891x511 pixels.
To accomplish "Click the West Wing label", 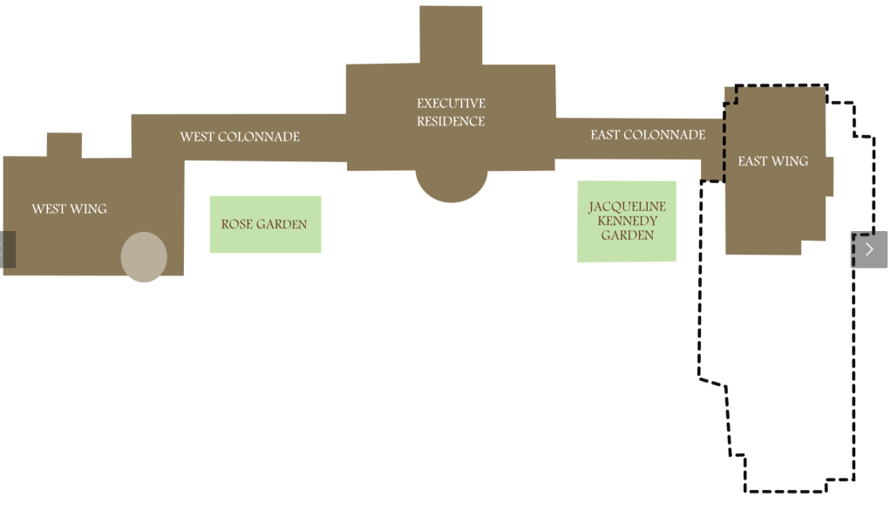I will (69, 208).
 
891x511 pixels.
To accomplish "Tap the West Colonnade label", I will (240, 137).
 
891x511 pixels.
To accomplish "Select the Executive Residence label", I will (451, 112).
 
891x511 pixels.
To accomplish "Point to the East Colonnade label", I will (648, 135).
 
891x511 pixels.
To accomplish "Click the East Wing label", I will (772, 161).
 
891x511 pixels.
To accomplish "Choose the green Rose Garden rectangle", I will (265, 224).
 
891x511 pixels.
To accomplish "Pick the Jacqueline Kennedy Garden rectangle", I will (627, 221).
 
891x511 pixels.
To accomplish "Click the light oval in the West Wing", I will (144, 257).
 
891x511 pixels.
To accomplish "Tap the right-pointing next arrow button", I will (869, 249).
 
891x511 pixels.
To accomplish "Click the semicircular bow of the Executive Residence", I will (451, 184).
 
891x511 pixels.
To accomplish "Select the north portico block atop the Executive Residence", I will (451, 35).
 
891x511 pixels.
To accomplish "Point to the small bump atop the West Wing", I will (65, 145).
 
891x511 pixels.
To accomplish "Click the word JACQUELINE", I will (627, 207).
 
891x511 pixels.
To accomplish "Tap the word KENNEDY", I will (627, 221).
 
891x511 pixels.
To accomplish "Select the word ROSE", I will (236, 224).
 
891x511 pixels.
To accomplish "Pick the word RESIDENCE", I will (451, 121).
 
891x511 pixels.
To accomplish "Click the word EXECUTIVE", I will (451, 104).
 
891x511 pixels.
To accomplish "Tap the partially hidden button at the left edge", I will (7, 249).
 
